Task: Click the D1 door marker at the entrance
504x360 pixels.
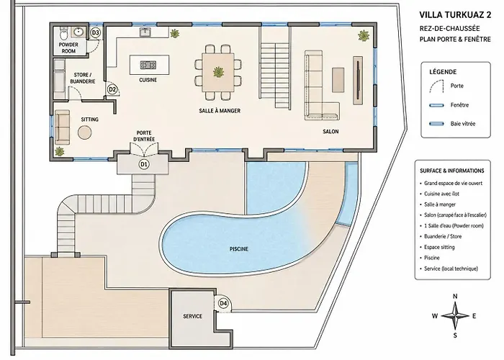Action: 144,164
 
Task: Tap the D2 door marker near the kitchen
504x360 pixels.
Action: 112,89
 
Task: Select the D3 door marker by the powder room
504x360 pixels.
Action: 96,32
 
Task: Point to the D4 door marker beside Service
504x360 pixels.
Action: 223,303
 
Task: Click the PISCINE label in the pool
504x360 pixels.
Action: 239,249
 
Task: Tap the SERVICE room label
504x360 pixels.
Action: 192,316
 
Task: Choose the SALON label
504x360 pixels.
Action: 330,132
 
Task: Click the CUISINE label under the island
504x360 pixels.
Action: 148,80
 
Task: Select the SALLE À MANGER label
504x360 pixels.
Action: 220,111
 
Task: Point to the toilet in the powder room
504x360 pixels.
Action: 63,32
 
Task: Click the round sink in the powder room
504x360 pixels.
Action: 78,32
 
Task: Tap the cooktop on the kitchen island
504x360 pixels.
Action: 148,66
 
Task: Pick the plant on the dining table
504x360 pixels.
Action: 219,72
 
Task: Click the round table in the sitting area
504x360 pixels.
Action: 85,132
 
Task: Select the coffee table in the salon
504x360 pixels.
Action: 338,79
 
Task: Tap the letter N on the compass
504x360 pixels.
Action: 455,297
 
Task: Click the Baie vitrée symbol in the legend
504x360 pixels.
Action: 437,124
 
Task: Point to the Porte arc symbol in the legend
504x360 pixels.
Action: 436,87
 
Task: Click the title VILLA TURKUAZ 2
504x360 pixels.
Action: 455,15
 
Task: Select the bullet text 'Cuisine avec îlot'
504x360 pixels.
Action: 441,194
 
